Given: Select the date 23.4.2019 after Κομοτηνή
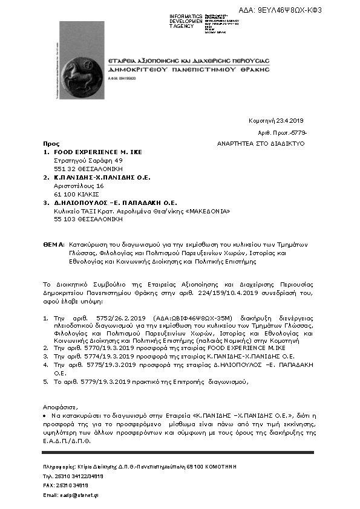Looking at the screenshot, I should (x=293, y=120).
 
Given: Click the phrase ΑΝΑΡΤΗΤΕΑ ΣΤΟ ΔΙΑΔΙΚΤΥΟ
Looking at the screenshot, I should (x=261, y=144).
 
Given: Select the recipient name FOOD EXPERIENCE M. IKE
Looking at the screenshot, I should (x=98, y=152).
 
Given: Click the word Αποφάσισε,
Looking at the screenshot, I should (x=61, y=407).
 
